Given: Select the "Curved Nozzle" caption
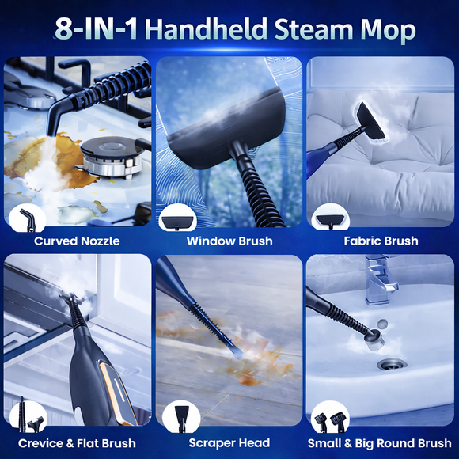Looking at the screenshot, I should tap(77, 241).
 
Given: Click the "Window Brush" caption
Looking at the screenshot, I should tap(229, 241).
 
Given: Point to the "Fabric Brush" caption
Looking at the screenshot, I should tap(381, 241).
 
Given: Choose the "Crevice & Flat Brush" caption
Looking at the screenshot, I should tap(77, 443).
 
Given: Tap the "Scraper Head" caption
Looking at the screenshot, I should tap(229, 443).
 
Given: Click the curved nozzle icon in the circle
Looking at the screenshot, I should tap(26, 217).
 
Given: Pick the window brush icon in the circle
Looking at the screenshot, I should tap(178, 218).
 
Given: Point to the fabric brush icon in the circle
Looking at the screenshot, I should tap(328, 218).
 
